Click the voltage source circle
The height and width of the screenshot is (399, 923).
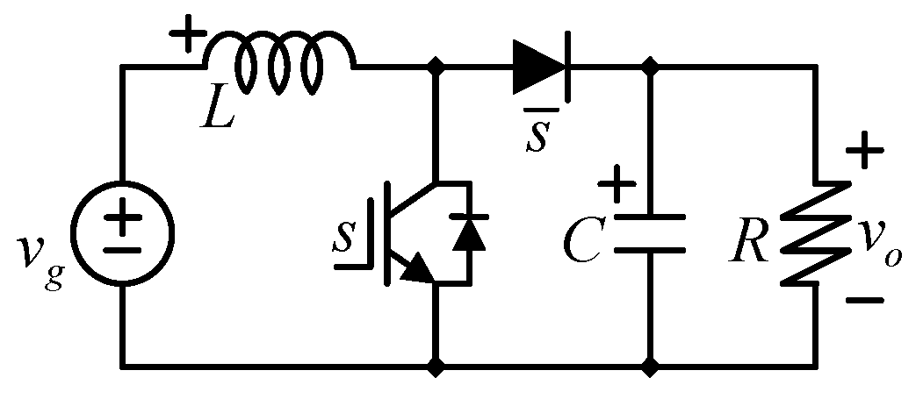(x=123, y=236)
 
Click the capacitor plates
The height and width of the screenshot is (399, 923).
(x=650, y=233)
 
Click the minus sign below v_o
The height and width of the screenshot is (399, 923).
(x=865, y=300)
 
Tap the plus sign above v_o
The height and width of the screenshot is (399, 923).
(x=865, y=153)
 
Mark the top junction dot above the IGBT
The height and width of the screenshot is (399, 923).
(x=435, y=67)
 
